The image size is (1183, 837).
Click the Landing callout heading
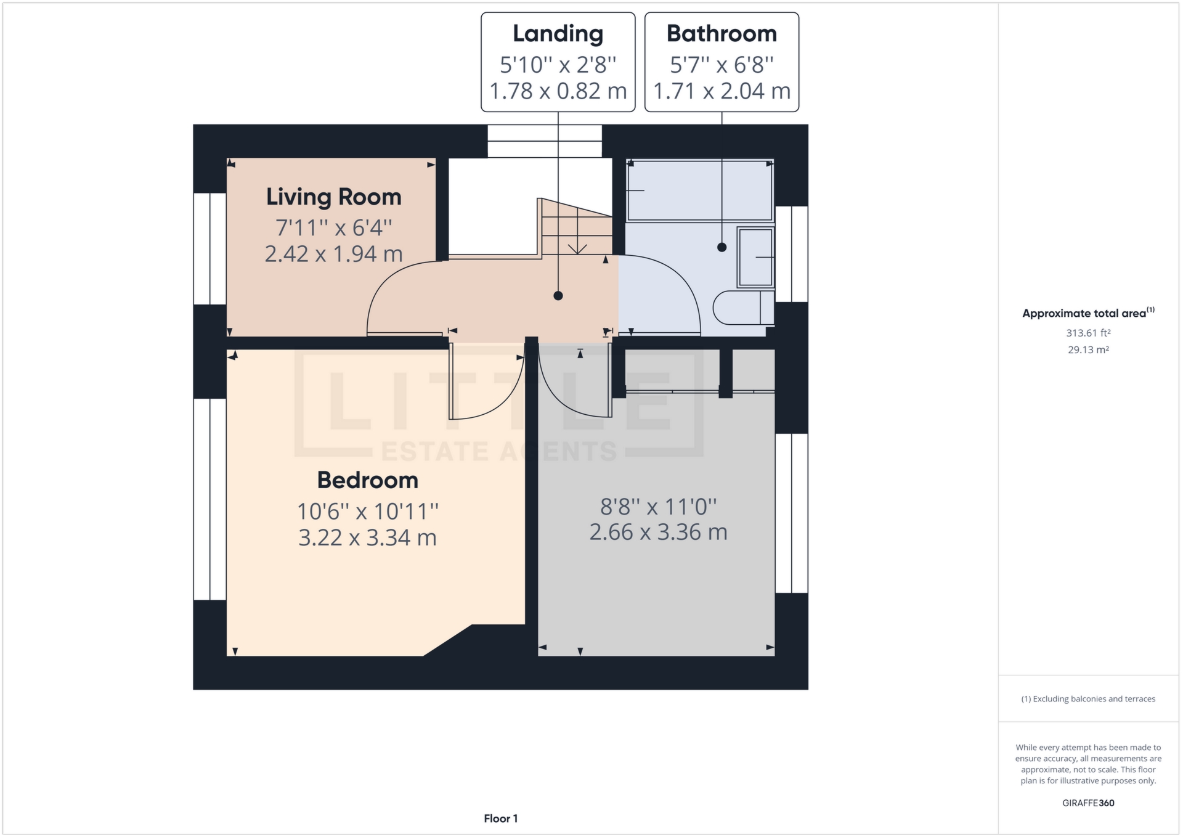point(558,34)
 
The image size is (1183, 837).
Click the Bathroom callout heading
point(722,34)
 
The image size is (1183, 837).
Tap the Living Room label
point(333,197)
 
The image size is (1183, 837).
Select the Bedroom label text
point(367,480)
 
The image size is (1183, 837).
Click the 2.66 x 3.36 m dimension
point(658,533)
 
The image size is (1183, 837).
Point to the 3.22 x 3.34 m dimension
point(367,538)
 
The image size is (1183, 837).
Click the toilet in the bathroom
point(742,307)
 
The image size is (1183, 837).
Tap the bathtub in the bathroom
point(699,190)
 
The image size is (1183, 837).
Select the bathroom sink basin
point(755,257)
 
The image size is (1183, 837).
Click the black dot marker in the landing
point(558,296)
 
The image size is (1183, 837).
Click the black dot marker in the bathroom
point(722,247)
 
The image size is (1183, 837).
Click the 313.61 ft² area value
point(1088,333)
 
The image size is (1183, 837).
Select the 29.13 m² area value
point(1088,350)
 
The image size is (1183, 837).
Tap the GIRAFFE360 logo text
point(1088,803)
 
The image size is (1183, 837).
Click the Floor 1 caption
point(500,819)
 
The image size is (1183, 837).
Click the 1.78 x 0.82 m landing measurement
point(558,91)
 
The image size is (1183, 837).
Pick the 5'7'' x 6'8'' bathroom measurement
point(722,65)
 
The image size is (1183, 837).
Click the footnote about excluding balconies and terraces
point(1088,699)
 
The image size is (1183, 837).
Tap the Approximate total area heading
point(1084,314)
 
